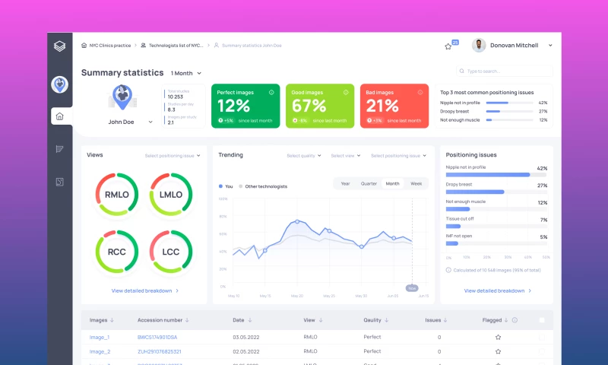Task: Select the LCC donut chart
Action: pyautogui.click(x=170, y=251)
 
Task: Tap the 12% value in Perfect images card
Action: pyautogui.click(x=233, y=106)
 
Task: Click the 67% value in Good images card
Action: pyautogui.click(x=309, y=106)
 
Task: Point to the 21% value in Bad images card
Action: pyautogui.click(x=382, y=106)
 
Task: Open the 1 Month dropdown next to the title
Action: pyautogui.click(x=186, y=73)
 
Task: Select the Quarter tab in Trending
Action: pyautogui.click(x=369, y=183)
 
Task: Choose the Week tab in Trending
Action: pyautogui.click(x=416, y=183)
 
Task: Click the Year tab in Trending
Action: pyautogui.click(x=345, y=183)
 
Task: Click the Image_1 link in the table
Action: pyautogui.click(x=100, y=336)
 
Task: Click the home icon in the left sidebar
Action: pyautogui.click(x=60, y=116)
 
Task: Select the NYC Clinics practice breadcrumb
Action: pyautogui.click(x=109, y=45)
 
